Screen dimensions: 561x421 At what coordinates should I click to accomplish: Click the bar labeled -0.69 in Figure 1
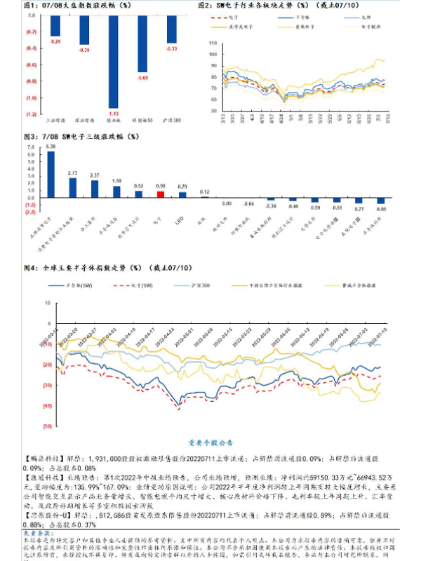click(x=142, y=55)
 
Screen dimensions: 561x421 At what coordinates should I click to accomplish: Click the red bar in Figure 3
click(x=160, y=194)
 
